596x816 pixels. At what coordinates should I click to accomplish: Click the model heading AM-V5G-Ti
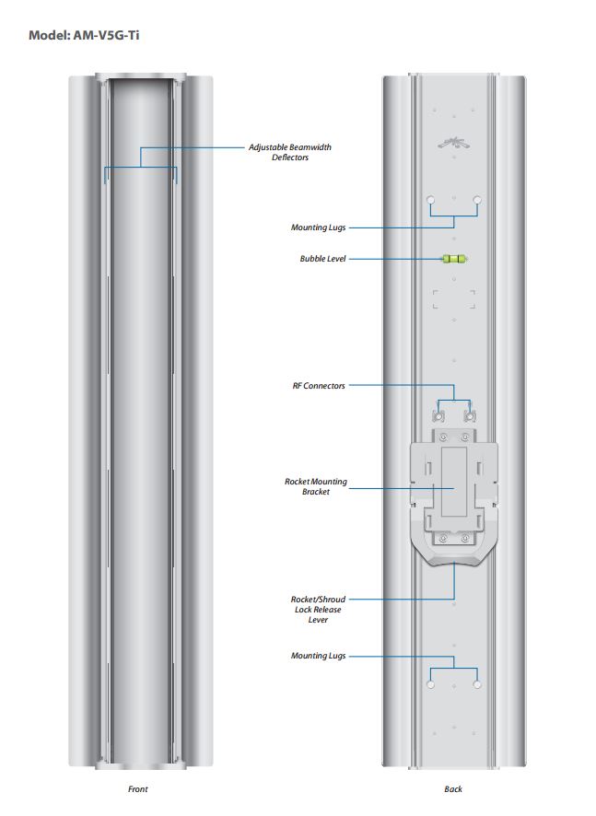(x=84, y=36)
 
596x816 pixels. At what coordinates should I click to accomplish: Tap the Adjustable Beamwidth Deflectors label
(x=290, y=152)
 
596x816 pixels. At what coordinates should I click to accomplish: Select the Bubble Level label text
(x=322, y=260)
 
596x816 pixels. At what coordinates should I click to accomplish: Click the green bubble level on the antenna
(x=453, y=260)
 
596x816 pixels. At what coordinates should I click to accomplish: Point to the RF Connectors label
(x=319, y=386)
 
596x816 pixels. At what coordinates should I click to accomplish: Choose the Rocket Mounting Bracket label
(x=316, y=486)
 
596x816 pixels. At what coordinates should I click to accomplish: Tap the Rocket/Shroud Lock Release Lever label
(x=318, y=610)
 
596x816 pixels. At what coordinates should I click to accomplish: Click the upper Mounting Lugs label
(x=319, y=227)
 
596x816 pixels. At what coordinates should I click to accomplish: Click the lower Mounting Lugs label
(x=319, y=656)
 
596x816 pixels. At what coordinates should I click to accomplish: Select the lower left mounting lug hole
(x=430, y=685)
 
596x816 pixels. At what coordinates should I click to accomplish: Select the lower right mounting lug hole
(x=476, y=685)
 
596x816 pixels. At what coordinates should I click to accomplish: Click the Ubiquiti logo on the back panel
(x=453, y=142)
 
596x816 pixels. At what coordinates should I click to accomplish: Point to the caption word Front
(x=137, y=789)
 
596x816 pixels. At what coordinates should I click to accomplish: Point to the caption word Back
(x=453, y=789)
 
